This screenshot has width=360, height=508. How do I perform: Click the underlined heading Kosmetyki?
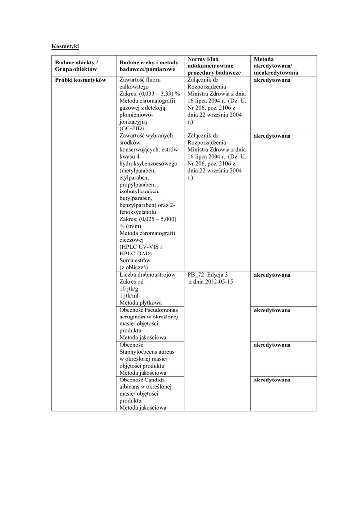pos(65,47)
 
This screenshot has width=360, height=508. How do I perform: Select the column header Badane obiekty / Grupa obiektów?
pos(76,66)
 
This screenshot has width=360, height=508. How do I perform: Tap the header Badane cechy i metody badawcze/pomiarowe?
pos(148,66)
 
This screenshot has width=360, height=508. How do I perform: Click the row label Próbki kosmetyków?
pos(80,80)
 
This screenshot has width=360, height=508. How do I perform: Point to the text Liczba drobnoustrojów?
pos(147,275)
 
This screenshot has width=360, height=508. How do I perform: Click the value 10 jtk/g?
pos(129,289)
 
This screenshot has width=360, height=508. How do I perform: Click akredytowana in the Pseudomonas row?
pos(272,310)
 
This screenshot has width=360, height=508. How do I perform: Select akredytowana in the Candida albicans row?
pos(272,380)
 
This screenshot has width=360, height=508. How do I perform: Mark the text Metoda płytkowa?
pos(141,303)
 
